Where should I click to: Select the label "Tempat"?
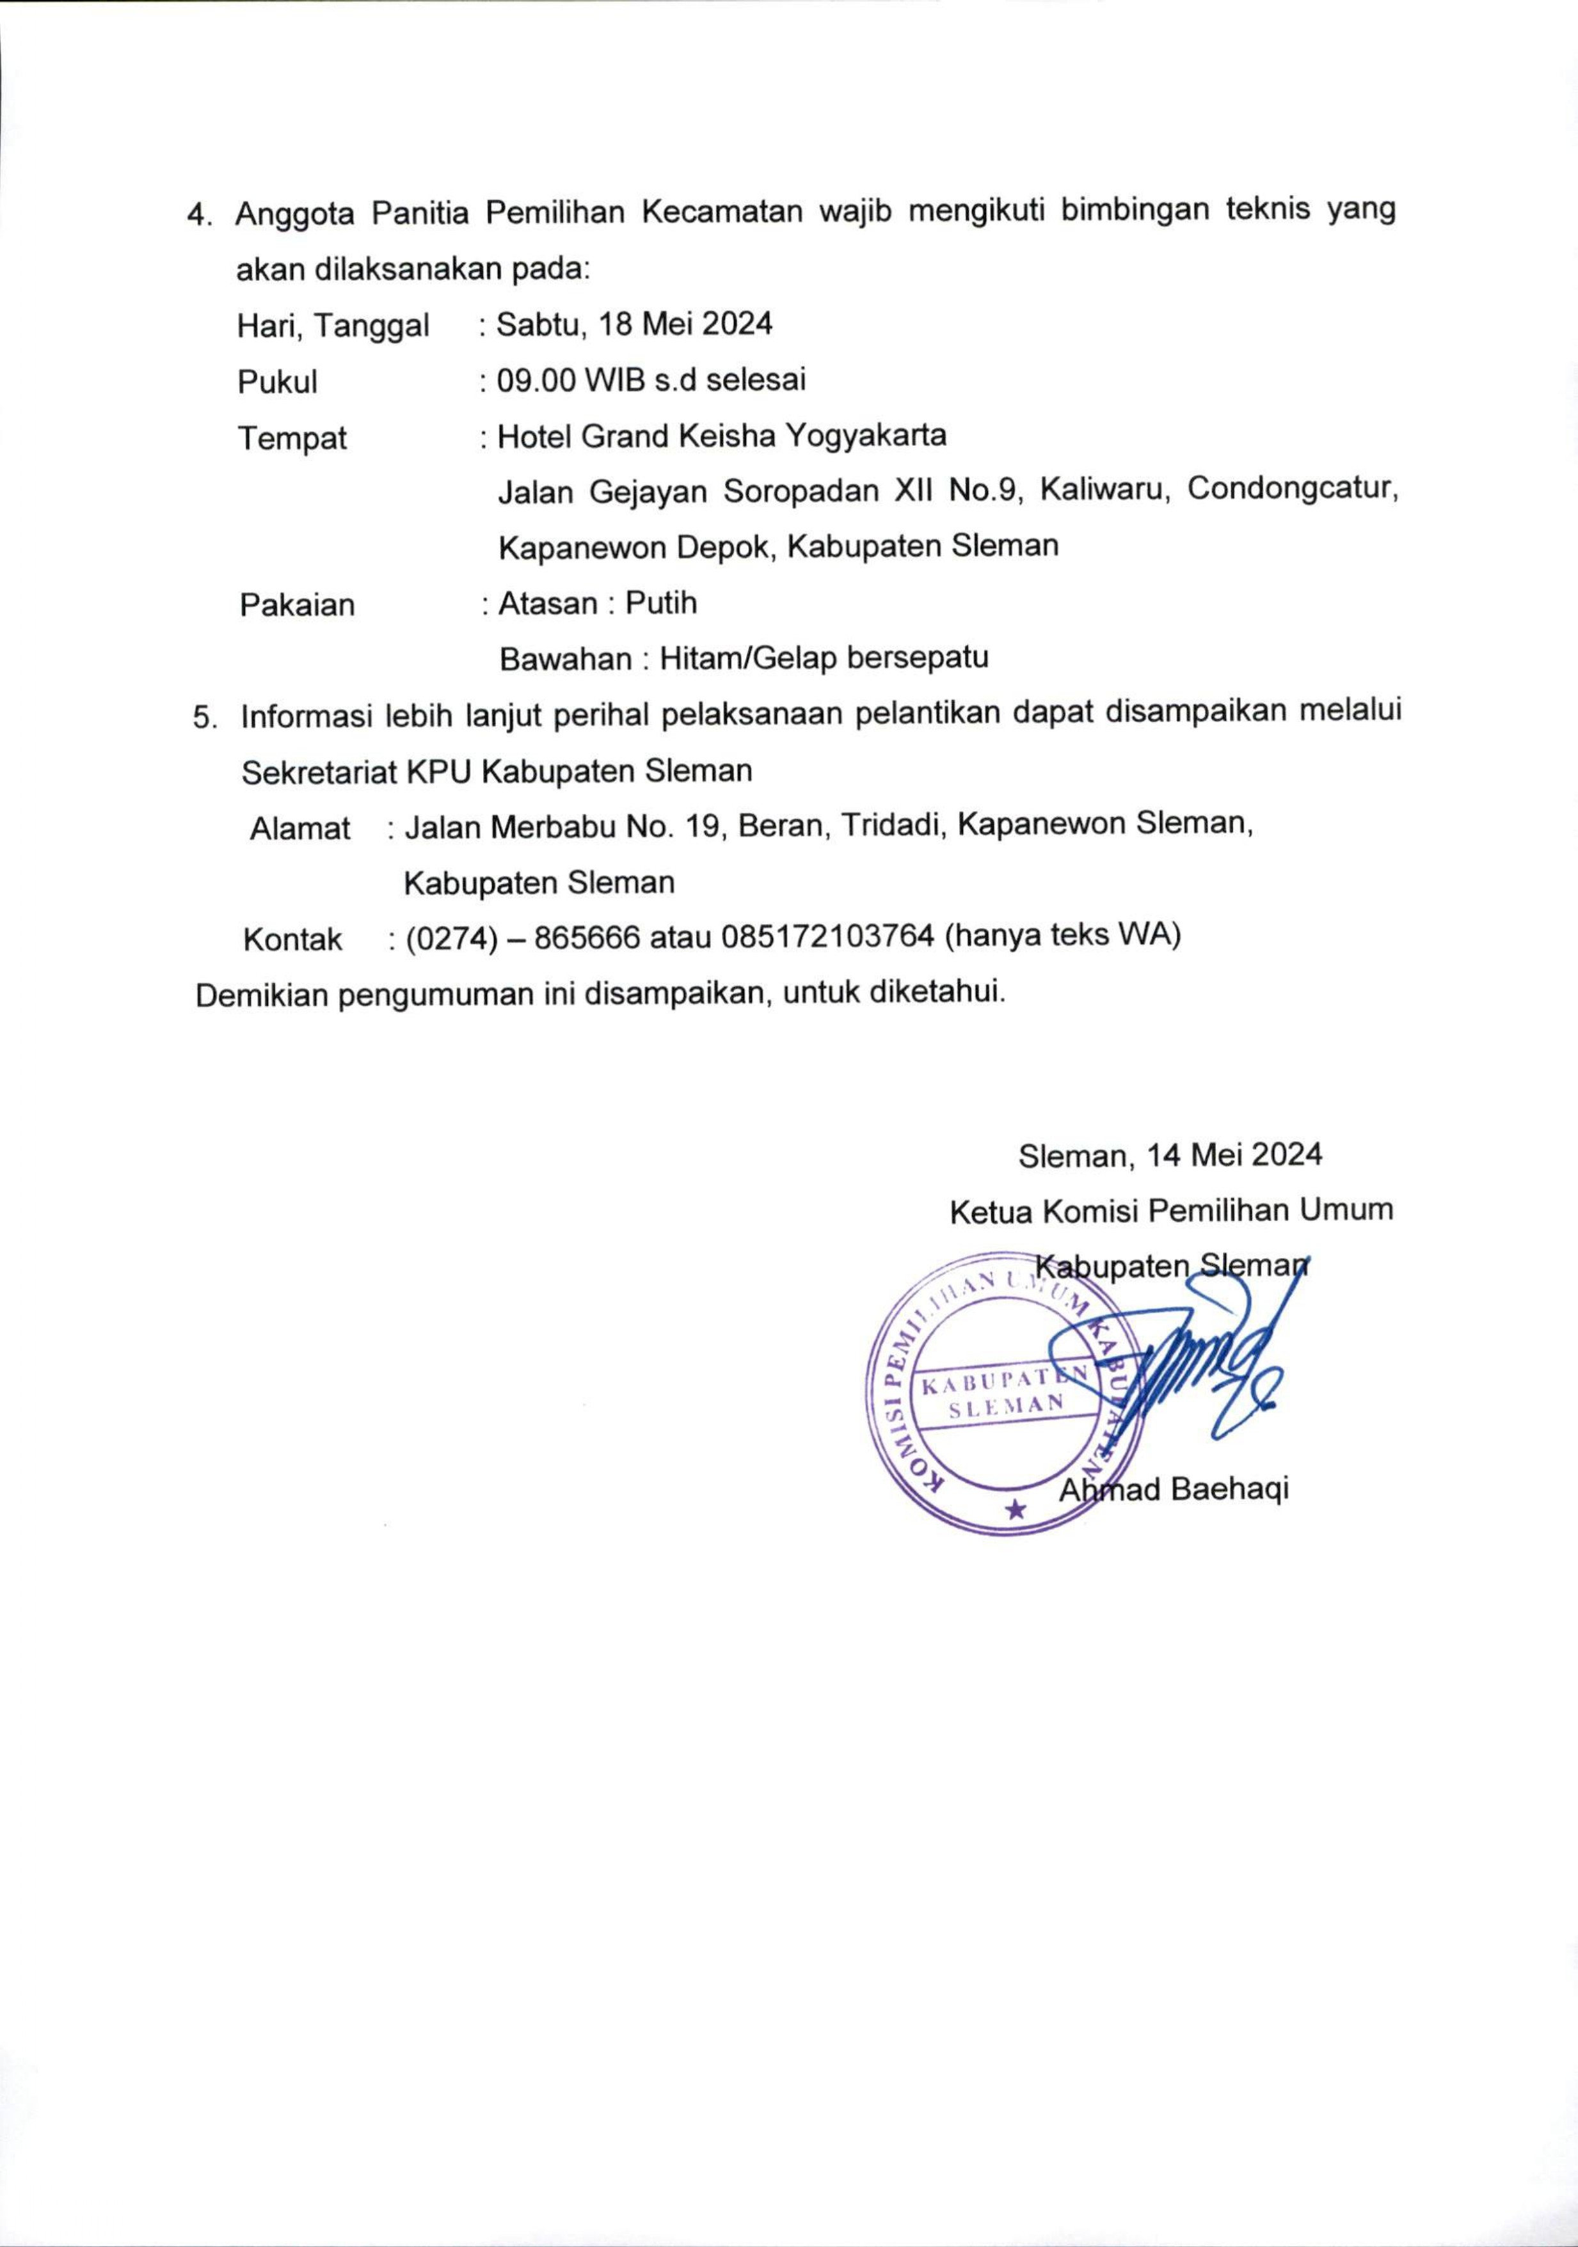tap(292, 438)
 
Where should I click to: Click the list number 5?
tap(203, 718)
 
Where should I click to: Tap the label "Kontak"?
tap(292, 940)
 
